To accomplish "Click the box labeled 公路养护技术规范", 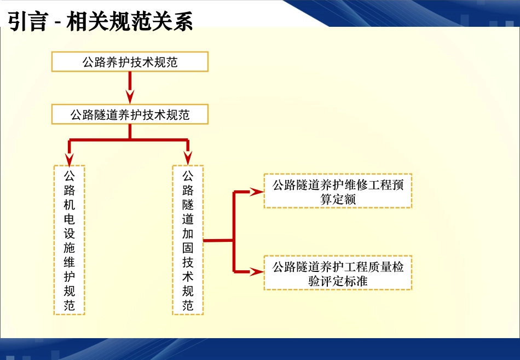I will tap(130, 62).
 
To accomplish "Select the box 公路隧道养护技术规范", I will tap(130, 115).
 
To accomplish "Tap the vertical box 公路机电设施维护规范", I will tap(70, 240).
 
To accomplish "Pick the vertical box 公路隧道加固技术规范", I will tap(188, 240).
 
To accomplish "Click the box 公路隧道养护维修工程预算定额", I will tap(338, 191).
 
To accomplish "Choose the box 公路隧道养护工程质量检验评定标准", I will tap(338, 273).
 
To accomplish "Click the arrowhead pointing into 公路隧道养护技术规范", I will tap(130, 98).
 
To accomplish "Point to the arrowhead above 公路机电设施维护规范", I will tap(70, 159).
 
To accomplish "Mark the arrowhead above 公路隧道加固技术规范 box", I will tap(188, 159).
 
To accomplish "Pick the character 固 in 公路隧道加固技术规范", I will tap(188, 248).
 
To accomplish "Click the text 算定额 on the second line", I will tap(338, 199).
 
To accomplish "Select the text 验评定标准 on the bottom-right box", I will tap(338, 281).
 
